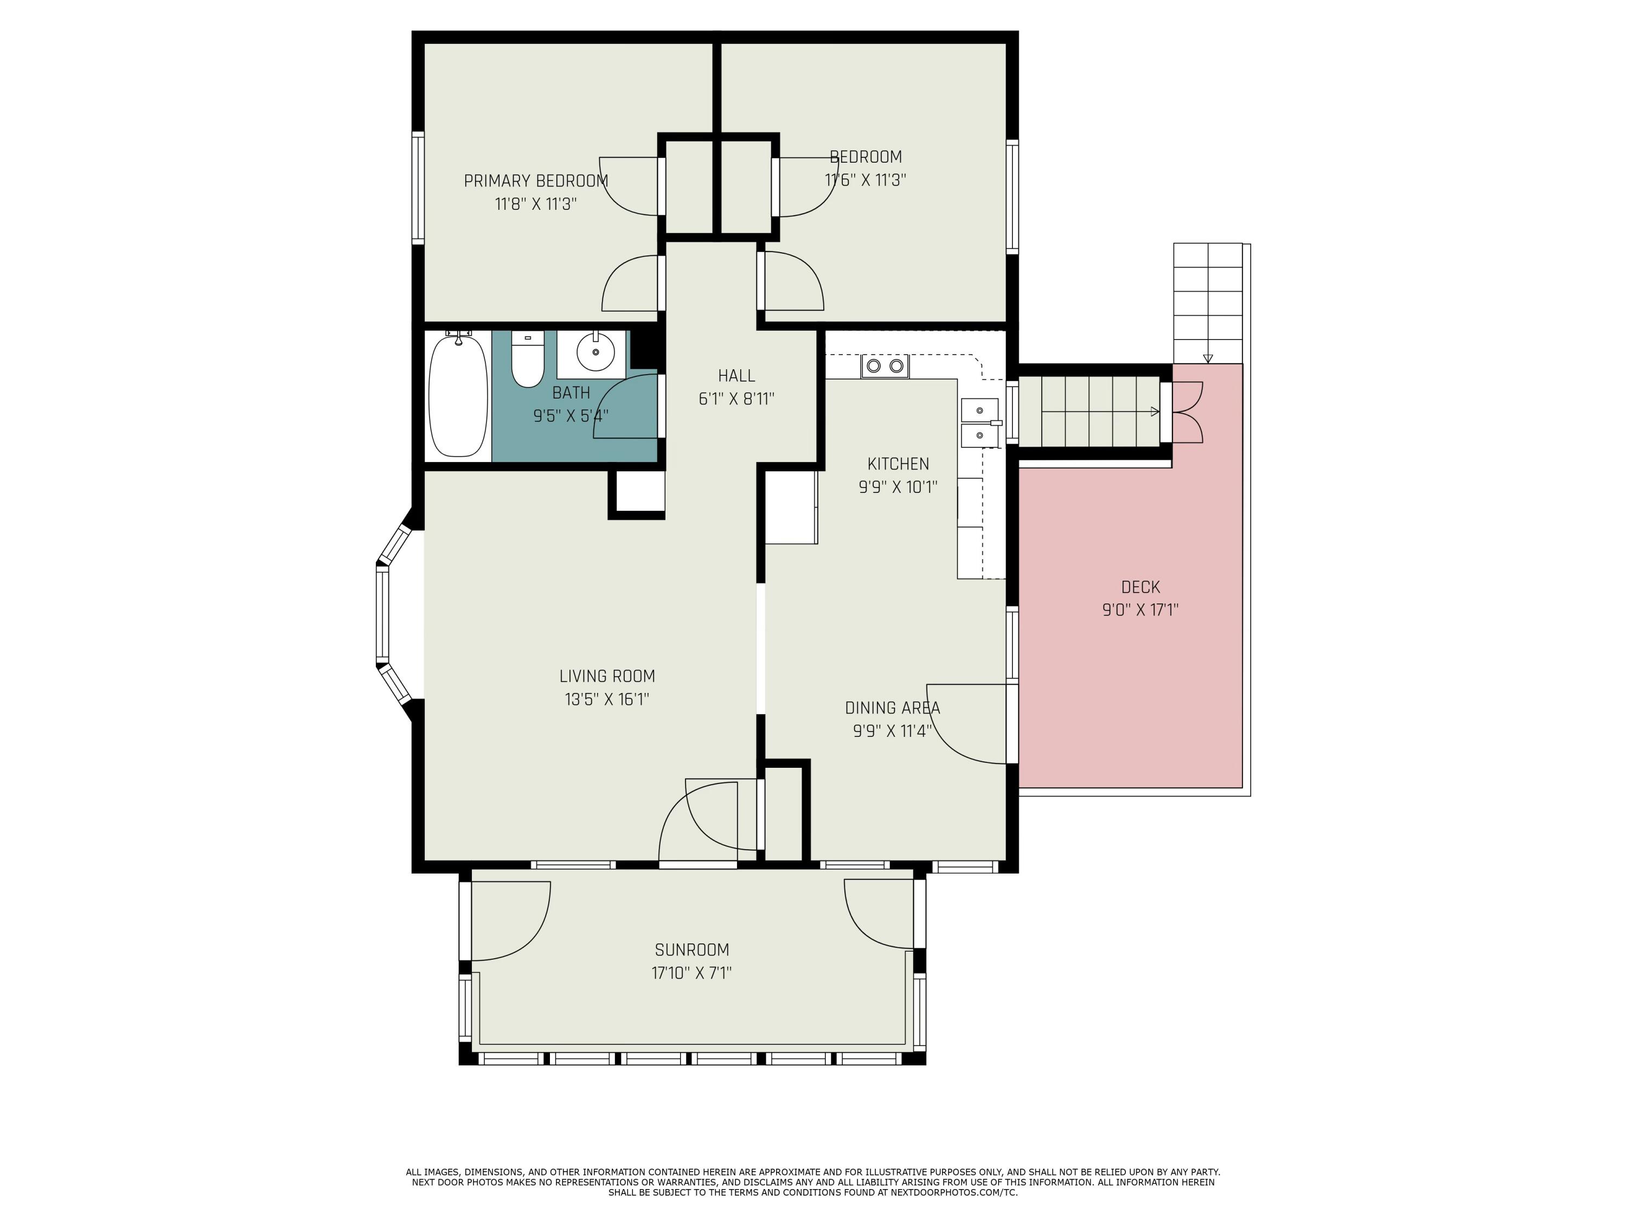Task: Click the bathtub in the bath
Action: coord(458,396)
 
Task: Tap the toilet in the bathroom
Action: coord(527,359)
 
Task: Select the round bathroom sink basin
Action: coord(595,353)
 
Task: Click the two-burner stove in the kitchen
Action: coord(885,365)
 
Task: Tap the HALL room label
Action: coord(736,376)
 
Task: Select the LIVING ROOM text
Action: coord(607,676)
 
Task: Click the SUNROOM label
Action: coord(691,949)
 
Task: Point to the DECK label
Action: coord(1140,587)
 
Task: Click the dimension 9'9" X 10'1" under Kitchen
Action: coord(898,487)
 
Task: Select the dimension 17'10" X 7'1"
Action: coord(691,973)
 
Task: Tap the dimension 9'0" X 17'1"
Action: coord(1140,609)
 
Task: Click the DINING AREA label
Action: coord(892,708)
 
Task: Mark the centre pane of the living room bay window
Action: coord(382,615)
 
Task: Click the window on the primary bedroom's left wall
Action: coord(418,188)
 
